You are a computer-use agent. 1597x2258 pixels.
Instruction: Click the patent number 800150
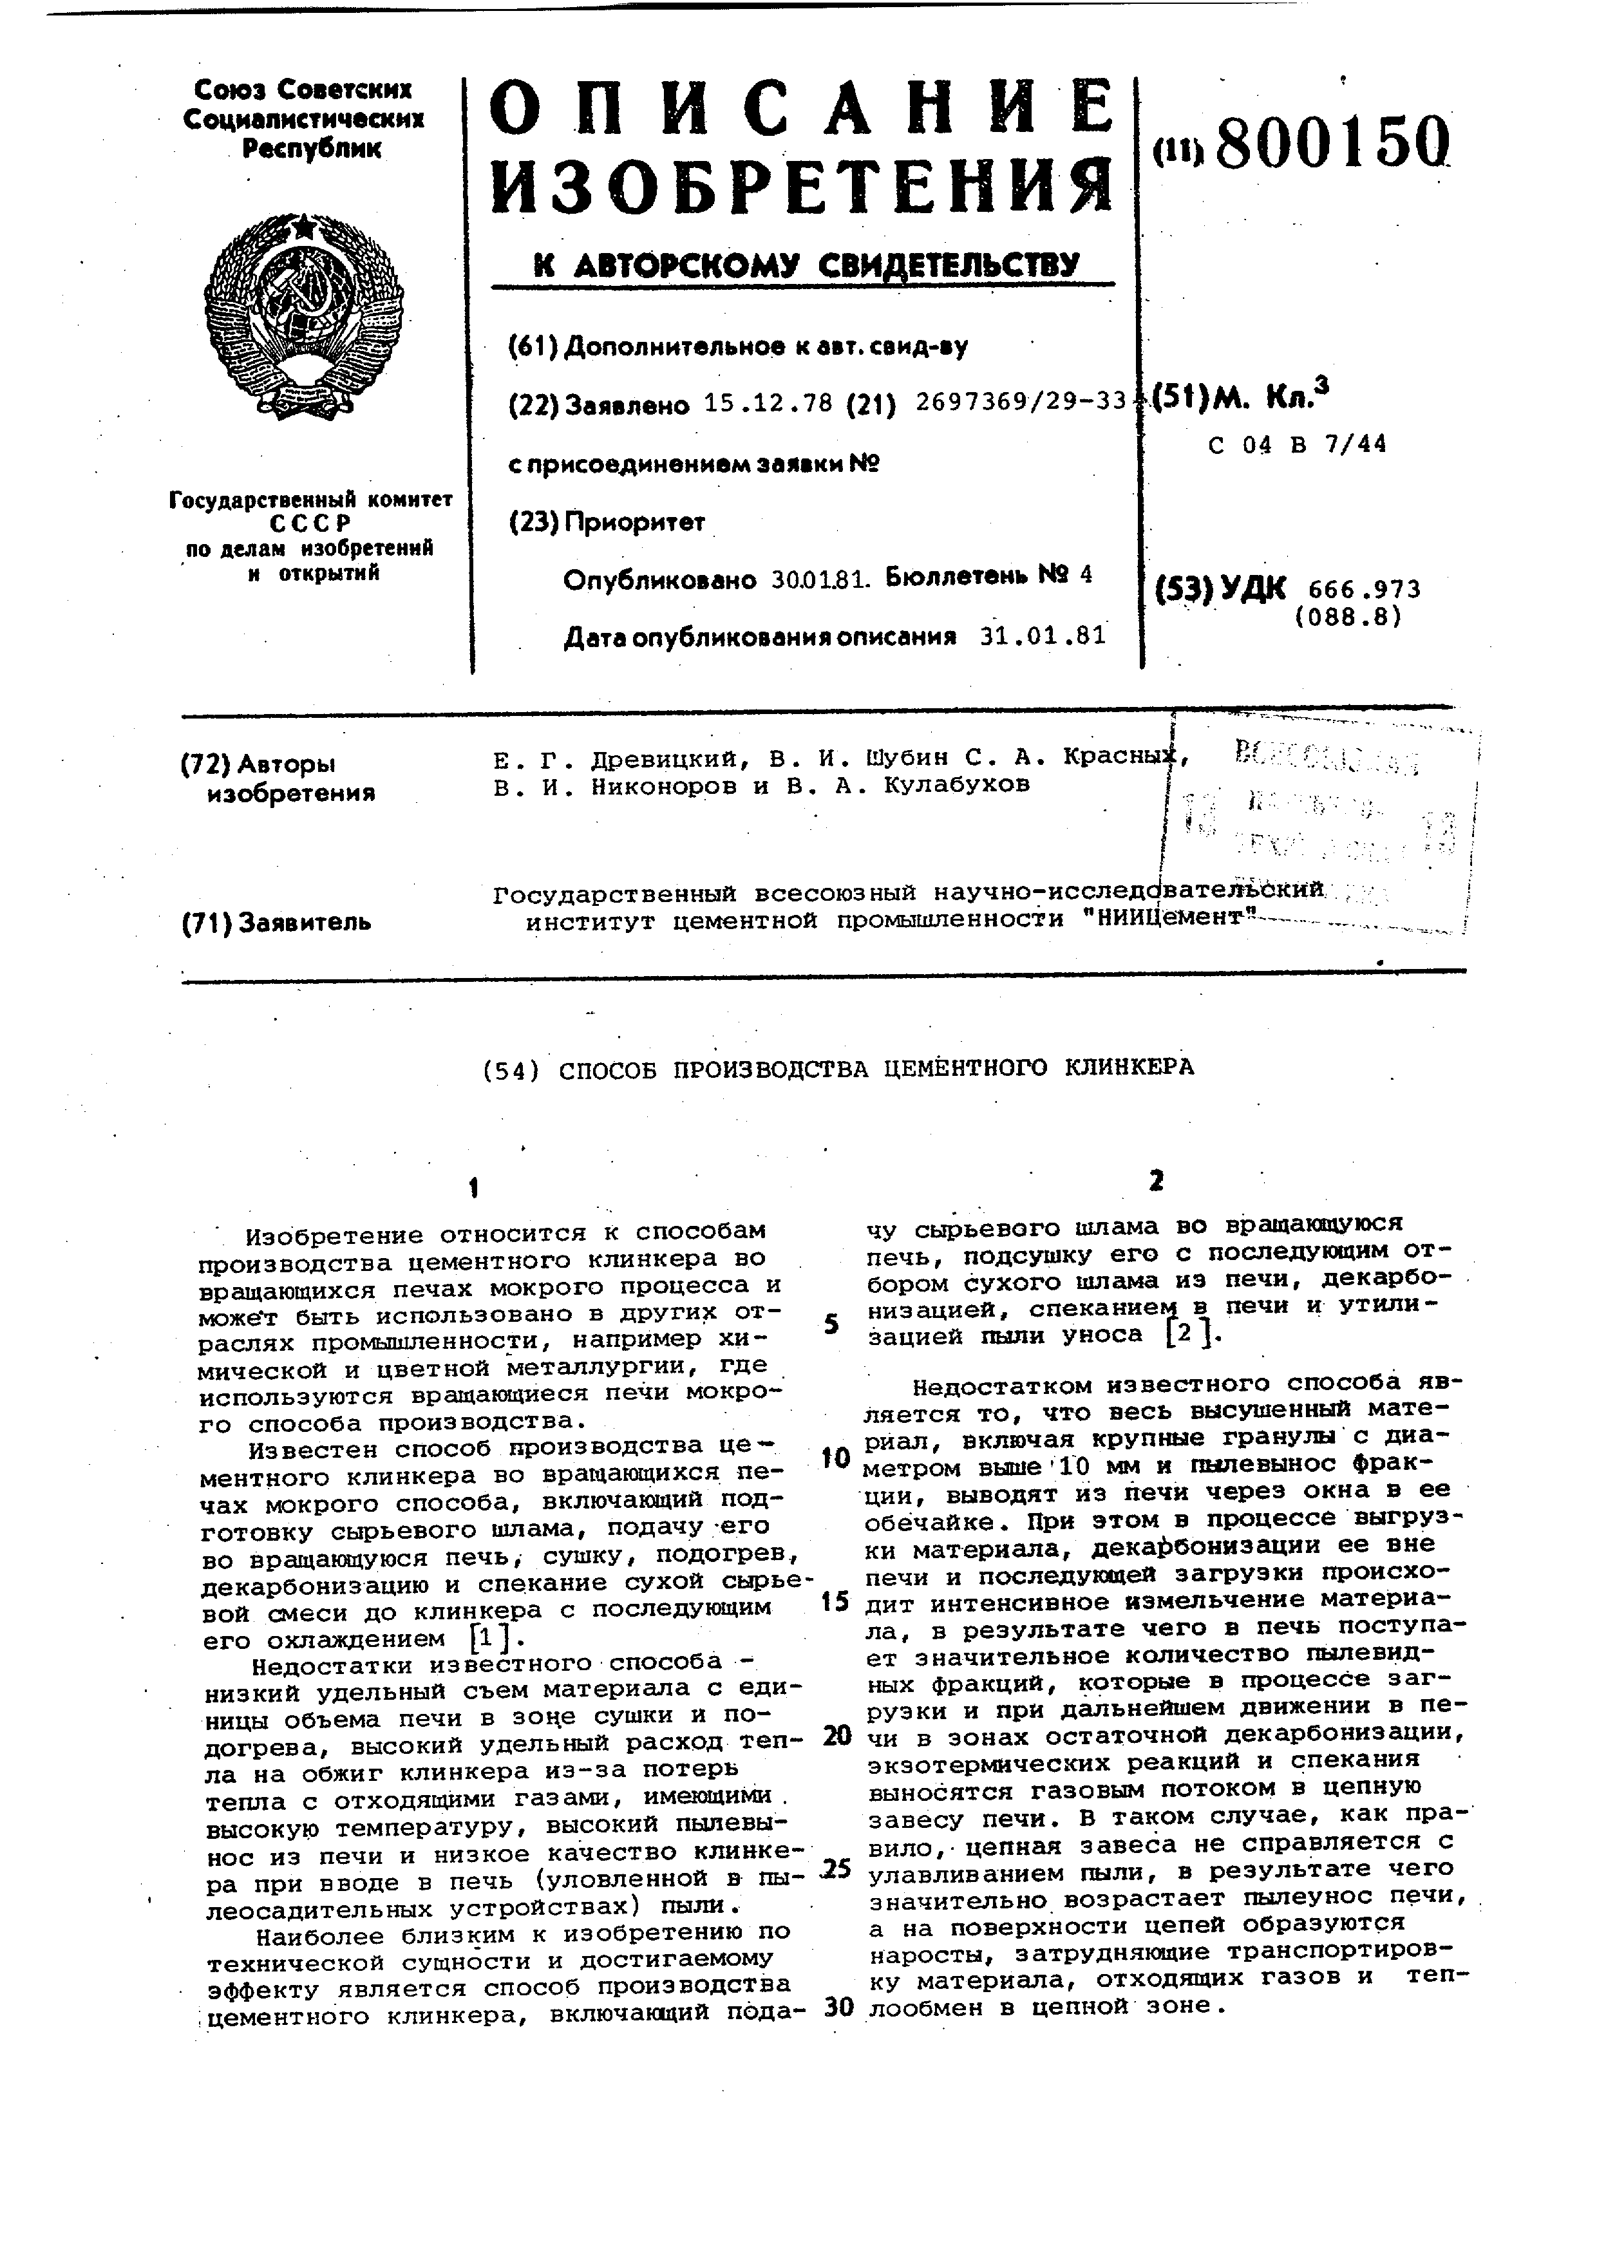tap(1332, 144)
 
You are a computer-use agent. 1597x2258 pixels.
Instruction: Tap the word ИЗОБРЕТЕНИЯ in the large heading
tap(802, 187)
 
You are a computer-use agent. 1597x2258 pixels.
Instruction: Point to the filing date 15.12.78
tap(768, 403)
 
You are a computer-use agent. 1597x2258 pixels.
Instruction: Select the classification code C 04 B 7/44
tap(1297, 444)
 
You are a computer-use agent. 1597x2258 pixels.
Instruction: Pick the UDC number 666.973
tap(1365, 589)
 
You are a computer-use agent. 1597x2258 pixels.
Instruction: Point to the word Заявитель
tap(305, 921)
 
